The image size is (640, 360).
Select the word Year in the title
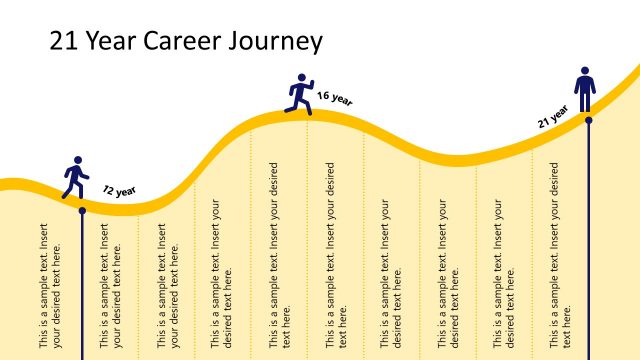113,41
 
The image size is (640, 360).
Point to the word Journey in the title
277,41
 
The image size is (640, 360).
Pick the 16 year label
335,98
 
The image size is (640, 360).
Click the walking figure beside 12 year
75,179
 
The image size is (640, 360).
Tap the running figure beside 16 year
300,92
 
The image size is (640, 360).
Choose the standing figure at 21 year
587,90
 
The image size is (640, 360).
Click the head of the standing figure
587,72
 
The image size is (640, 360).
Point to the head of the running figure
301,77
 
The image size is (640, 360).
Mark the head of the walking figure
77,160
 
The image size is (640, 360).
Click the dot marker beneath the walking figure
82,210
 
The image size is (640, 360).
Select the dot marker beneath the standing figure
588,120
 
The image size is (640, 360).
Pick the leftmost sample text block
50,285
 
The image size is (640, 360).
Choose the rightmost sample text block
562,255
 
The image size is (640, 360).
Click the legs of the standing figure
587,101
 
